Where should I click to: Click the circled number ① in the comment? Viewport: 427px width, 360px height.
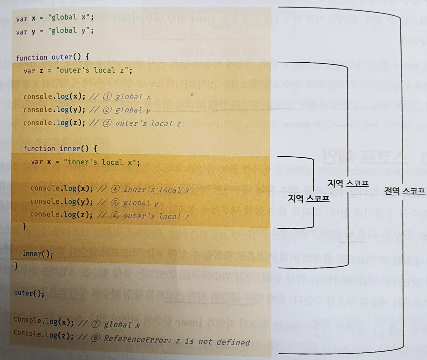pos(107,97)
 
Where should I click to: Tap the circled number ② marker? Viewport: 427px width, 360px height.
pos(107,110)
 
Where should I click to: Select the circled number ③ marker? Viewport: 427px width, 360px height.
pos(107,123)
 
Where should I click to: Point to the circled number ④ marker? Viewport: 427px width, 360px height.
pos(115,189)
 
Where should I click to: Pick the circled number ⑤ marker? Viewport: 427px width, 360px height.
pos(115,203)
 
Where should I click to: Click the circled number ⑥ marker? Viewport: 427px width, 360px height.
pos(115,216)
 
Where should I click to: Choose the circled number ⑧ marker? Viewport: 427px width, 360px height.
pos(95,338)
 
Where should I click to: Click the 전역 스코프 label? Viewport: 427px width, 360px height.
pos(404,191)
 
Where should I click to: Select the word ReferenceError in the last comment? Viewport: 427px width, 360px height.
pos(136,339)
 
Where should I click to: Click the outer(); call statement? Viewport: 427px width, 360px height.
pos(29,293)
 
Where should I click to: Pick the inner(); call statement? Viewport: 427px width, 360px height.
pos(38,254)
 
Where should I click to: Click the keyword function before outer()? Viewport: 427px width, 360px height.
pos(31,58)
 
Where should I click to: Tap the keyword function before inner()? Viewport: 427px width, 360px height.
pos(39,149)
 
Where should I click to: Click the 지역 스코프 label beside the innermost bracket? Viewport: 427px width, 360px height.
pos(308,198)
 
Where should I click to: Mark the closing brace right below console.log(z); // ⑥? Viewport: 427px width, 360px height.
pos(25,227)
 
